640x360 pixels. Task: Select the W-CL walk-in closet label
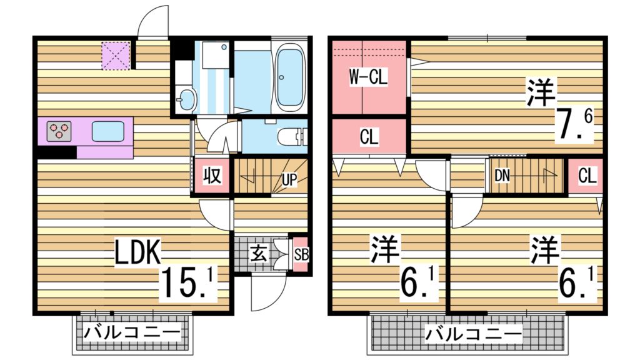368,77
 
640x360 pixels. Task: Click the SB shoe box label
301,254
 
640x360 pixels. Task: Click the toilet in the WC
294,136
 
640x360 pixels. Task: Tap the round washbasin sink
186,99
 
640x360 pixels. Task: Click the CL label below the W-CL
369,137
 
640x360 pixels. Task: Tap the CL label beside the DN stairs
587,176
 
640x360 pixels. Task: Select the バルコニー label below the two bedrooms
472,334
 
